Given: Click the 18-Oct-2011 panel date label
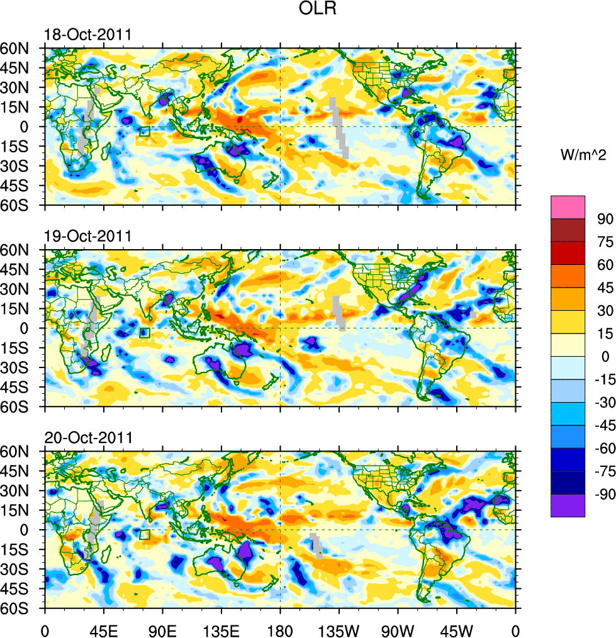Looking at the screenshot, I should tap(87, 35).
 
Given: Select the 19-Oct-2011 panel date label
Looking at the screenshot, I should tap(87, 237).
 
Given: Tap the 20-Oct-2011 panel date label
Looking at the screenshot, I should tap(87, 438).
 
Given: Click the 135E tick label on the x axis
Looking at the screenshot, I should tap(221, 629).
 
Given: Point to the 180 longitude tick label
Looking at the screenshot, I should tap(280, 629).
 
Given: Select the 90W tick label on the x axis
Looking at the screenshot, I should tap(397, 629).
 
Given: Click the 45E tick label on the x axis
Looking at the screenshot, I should tap(103, 629).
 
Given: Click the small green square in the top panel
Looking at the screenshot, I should tap(145, 132).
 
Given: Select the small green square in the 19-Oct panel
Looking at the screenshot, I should tap(145, 333).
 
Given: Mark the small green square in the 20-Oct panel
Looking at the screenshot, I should tap(145, 535).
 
